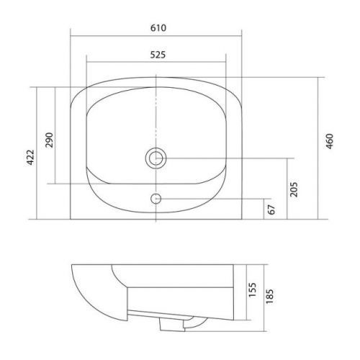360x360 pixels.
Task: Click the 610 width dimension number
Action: (x=158, y=28)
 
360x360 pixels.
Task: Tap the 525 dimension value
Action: (x=158, y=55)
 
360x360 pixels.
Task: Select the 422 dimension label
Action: (x=30, y=158)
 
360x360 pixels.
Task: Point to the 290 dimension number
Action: (x=49, y=140)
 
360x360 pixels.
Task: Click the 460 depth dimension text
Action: (x=330, y=141)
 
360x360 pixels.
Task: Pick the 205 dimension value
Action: (x=294, y=189)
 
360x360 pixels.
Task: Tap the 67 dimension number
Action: (x=271, y=210)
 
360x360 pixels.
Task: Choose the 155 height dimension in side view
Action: (x=252, y=289)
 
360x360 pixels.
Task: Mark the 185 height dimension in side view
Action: (x=269, y=296)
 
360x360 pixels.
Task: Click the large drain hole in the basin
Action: (x=156, y=158)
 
